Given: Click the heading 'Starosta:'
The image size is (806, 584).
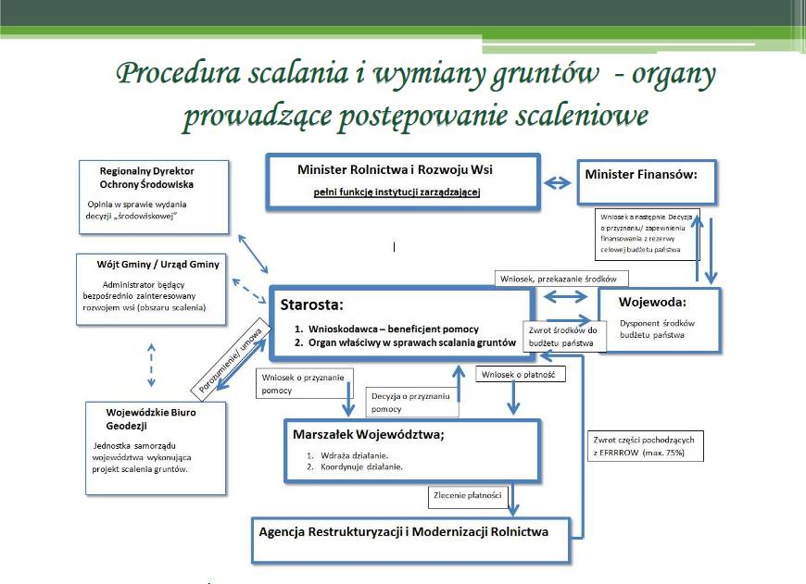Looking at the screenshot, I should click(310, 305).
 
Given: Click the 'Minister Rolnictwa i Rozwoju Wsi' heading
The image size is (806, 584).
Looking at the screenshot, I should click(404, 171).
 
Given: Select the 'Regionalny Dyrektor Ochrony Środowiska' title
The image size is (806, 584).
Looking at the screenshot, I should click(147, 177).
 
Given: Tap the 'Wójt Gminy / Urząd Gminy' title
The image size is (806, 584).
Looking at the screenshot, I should click(158, 264).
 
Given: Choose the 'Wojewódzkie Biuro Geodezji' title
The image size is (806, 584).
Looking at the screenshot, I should click(144, 418).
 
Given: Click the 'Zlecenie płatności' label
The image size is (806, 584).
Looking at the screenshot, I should click(468, 496).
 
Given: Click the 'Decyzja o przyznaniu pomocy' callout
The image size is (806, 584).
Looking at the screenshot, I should click(410, 402).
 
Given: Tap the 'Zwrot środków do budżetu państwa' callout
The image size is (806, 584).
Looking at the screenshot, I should click(565, 336).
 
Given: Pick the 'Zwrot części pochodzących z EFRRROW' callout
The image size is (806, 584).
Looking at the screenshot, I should click(645, 446).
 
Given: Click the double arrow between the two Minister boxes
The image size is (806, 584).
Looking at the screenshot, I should click(557, 182).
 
